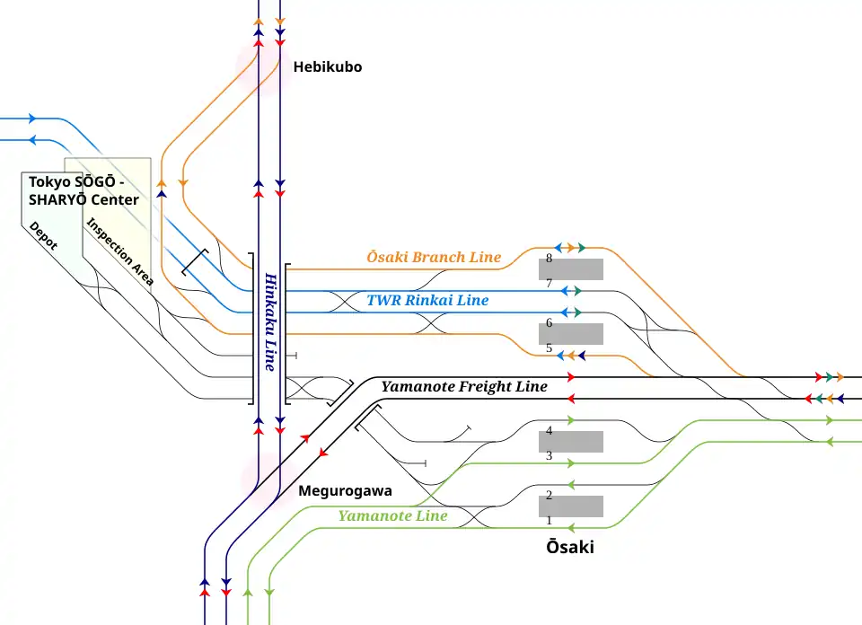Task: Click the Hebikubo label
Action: pos(327,66)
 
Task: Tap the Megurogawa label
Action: pos(345,491)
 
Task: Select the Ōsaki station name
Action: pos(570,547)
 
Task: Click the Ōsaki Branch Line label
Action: pos(434,257)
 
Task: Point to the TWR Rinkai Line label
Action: pos(427,300)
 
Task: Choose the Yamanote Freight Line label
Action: pos(463,387)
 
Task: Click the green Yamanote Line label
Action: pos(392,516)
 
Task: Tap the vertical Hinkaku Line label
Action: pos(269,321)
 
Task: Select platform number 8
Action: pos(549,259)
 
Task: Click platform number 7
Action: pos(549,284)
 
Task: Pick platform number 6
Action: pos(549,322)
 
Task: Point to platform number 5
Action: pos(549,348)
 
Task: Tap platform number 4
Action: pos(549,431)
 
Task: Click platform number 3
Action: pos(549,456)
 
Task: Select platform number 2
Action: pos(549,495)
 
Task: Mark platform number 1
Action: pos(549,520)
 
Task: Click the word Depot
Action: pos(43,235)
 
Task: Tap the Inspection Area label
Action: pos(119,251)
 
